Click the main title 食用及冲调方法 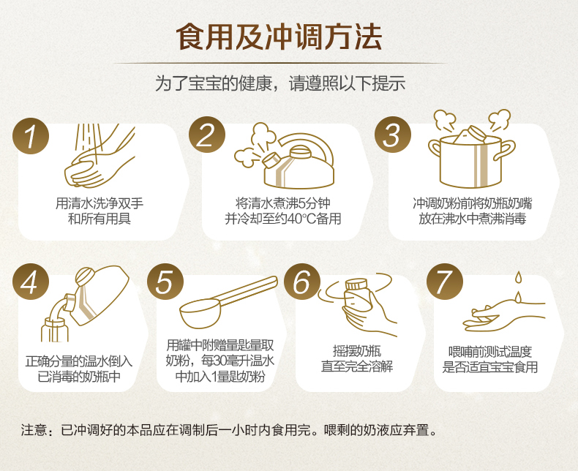tap(279, 37)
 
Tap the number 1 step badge tap(31, 135)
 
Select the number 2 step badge tap(207, 135)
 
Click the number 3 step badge tap(393, 135)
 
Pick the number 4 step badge tap(31, 282)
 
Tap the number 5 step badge tap(165, 282)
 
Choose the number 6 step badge tap(302, 282)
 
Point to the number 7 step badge tap(445, 282)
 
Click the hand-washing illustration tap(100, 156)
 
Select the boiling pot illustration tap(471, 149)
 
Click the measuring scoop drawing tap(228, 302)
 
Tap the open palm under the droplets tap(504, 316)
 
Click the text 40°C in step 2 tap(301, 219)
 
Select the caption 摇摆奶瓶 tap(357, 351)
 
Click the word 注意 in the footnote tap(34, 430)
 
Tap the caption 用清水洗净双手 tap(100, 203)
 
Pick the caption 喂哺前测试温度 tap(490, 352)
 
